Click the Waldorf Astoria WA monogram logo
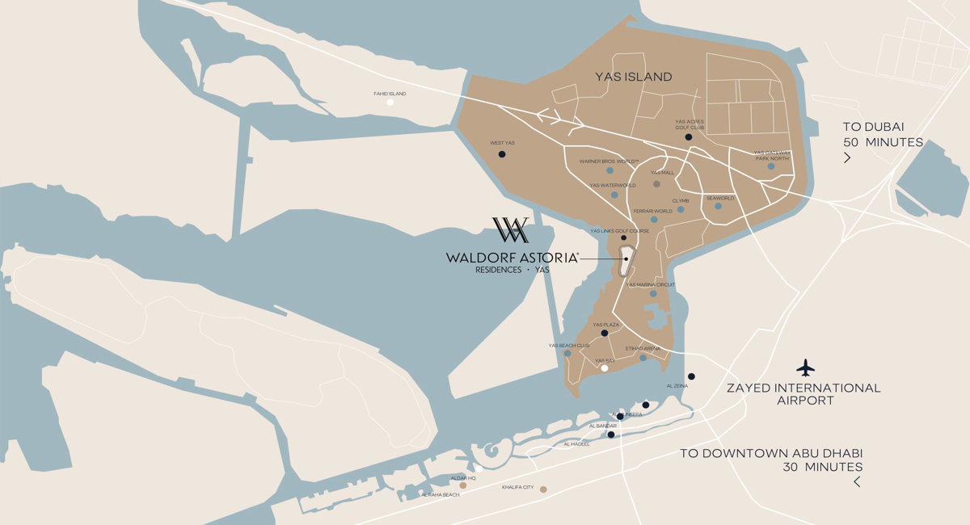[x=511, y=230]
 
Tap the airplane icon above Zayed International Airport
[x=805, y=368]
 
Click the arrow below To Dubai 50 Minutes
[x=847, y=158]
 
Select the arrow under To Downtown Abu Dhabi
[x=857, y=482]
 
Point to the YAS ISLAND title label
[x=634, y=77]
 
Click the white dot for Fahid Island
[x=390, y=103]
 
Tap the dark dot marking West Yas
[x=502, y=153]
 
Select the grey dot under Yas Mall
[x=656, y=184]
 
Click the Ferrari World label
[x=652, y=211]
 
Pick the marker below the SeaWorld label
[x=718, y=206]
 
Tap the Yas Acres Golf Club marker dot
[x=689, y=137]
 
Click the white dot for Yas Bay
[x=605, y=368]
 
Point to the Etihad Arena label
[x=643, y=348]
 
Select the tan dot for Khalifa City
[x=543, y=489]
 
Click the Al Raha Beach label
[x=441, y=494]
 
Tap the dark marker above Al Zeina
[x=691, y=376]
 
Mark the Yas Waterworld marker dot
[x=614, y=195]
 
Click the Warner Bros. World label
[x=609, y=161]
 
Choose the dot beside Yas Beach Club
[x=567, y=354]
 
